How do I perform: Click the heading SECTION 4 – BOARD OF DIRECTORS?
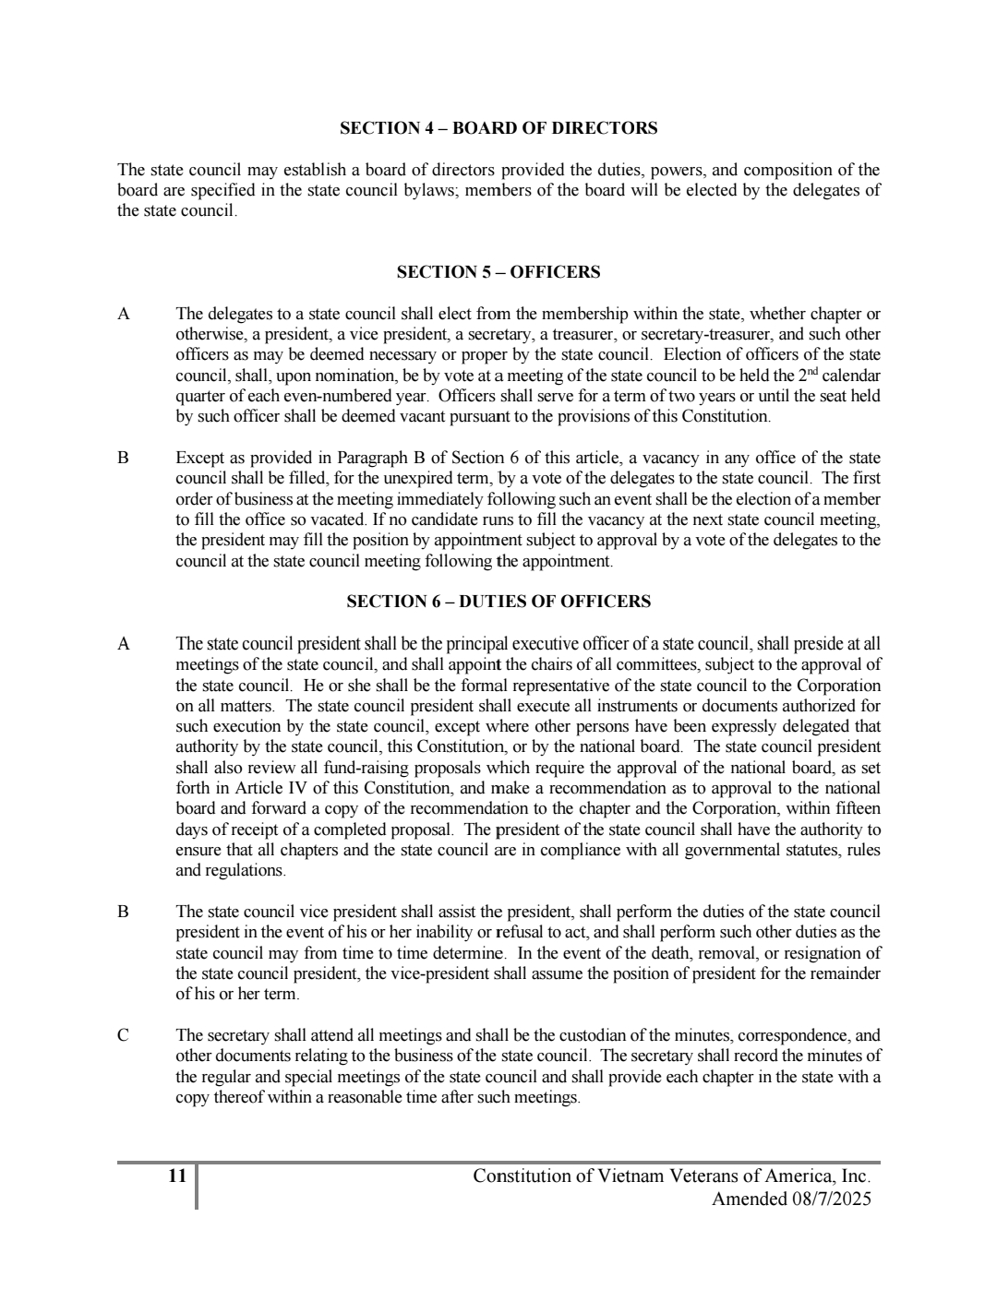tap(498, 128)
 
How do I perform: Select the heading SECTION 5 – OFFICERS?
tap(498, 272)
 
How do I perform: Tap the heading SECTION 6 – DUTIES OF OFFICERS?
tap(498, 602)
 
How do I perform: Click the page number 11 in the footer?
tap(177, 1176)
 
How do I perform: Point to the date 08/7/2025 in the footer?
tap(825, 1199)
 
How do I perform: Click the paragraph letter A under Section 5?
tap(124, 314)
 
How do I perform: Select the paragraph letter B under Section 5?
tap(124, 458)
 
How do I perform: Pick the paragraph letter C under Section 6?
tap(124, 1035)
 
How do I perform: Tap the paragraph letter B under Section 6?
tap(124, 912)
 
